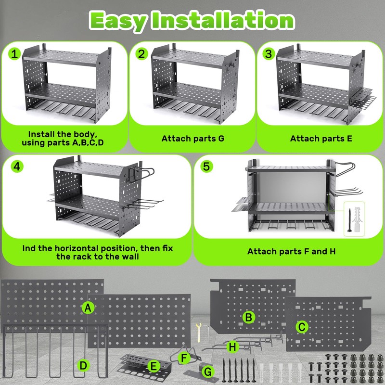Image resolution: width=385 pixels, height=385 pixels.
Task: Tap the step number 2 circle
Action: coord(141,54)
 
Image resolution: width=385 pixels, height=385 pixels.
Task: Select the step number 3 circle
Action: coord(268,54)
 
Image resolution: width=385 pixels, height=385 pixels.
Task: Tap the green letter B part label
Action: coord(248,317)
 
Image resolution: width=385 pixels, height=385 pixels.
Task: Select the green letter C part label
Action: coord(302,327)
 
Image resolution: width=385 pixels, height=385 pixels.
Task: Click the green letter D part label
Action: coord(84,366)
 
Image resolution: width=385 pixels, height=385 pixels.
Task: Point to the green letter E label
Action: coord(154,367)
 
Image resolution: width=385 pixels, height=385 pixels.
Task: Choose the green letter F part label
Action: coord(183,358)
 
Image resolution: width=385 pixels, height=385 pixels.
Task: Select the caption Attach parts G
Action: coord(192,139)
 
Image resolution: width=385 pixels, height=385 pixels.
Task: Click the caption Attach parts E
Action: coord(321,139)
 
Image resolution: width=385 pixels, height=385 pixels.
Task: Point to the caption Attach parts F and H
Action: coord(291,251)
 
